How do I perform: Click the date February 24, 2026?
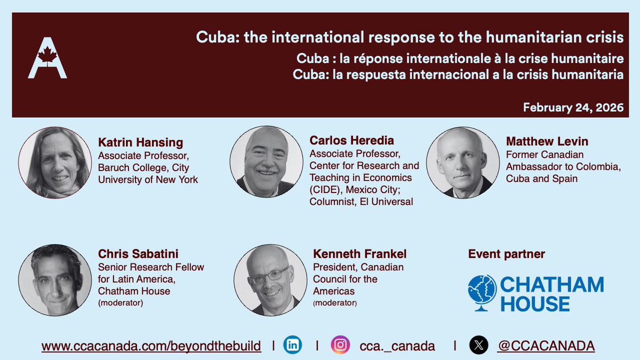point(573,107)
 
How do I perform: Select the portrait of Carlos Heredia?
point(266,162)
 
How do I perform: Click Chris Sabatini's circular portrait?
point(54,279)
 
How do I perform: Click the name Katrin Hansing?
point(140,142)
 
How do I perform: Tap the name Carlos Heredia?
point(351,141)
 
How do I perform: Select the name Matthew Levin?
point(547,141)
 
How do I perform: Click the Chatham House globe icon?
point(482,293)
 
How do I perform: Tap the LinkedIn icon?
point(293,345)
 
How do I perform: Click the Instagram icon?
point(340,345)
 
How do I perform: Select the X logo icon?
point(478,345)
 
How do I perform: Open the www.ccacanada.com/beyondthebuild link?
point(151,346)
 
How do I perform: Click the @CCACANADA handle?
point(546,346)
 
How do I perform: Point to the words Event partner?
point(506,254)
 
